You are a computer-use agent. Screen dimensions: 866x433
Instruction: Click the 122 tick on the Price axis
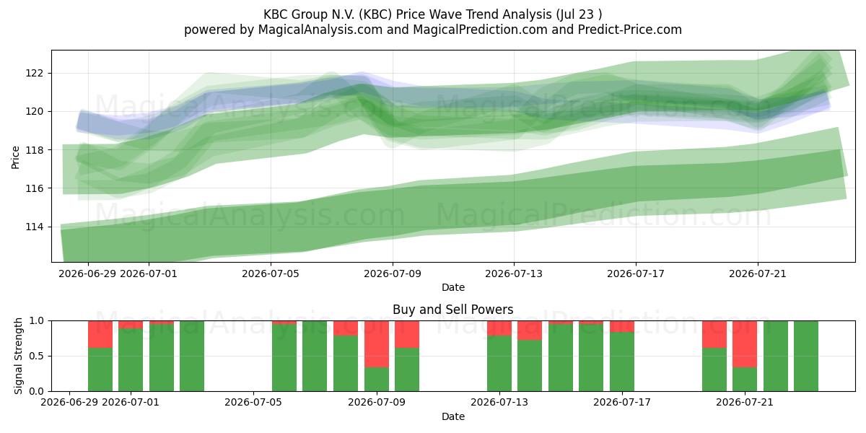pyautogui.click(x=34, y=73)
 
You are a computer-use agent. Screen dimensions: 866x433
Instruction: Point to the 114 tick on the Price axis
pyautogui.click(x=34, y=227)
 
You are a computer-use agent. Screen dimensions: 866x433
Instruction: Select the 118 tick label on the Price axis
pyautogui.click(x=34, y=150)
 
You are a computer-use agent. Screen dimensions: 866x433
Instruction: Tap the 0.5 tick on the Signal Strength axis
pyautogui.click(x=36, y=356)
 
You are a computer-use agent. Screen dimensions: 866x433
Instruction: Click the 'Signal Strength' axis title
pyautogui.click(x=18, y=356)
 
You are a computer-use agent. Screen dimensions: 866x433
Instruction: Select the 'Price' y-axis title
pyautogui.click(x=15, y=157)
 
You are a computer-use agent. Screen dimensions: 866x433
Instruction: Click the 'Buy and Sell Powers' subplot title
pyautogui.click(x=452, y=310)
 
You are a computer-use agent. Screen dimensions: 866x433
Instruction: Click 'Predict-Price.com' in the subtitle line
pyautogui.click(x=630, y=30)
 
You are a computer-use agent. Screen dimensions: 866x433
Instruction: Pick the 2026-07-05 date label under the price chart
pyautogui.click(x=271, y=274)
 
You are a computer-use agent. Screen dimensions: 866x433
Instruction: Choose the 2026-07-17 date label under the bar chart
pyautogui.click(x=622, y=403)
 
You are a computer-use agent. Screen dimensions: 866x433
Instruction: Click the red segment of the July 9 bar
pyautogui.click(x=377, y=344)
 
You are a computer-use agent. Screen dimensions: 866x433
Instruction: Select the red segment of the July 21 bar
pyautogui.click(x=745, y=344)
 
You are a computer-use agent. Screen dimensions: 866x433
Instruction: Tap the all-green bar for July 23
pyautogui.click(x=806, y=356)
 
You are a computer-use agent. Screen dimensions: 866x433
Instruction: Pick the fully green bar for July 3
pyautogui.click(x=192, y=356)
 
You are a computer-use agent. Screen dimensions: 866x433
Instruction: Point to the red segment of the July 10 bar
pyautogui.click(x=407, y=334)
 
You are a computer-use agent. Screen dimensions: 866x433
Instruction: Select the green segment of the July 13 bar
pyautogui.click(x=499, y=364)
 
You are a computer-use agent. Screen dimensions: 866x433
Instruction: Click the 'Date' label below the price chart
pyautogui.click(x=453, y=287)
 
